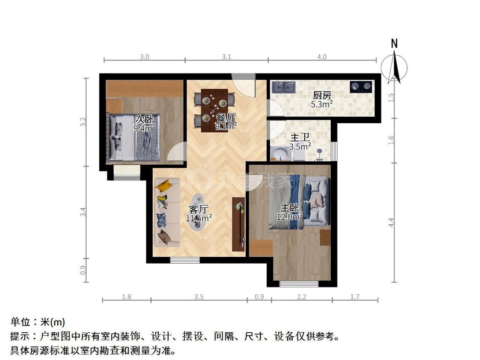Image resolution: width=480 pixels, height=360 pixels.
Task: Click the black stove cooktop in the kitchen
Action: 361,87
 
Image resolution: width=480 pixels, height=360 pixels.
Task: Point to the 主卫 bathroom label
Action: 300,138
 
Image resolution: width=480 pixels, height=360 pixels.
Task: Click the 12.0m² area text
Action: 289,216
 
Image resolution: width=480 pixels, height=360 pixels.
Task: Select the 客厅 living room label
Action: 198,209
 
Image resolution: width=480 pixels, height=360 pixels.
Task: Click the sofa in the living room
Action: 167,213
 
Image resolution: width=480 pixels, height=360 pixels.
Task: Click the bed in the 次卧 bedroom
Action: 134,137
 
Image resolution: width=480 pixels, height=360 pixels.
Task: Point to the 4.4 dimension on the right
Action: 392,222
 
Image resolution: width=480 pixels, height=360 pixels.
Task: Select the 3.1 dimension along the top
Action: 227,57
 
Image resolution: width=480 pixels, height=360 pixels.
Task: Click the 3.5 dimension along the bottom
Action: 198,297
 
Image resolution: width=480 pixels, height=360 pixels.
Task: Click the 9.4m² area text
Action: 144,128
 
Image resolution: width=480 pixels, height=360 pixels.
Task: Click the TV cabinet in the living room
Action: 238,224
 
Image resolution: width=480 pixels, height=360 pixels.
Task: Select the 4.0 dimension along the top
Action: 322,57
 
